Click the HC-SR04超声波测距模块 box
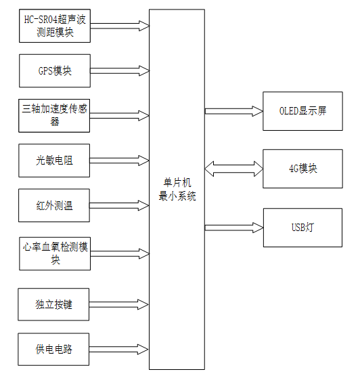[x=54, y=26]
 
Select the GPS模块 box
[x=54, y=70]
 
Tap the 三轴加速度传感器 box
[x=54, y=116]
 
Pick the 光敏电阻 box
[x=54, y=161]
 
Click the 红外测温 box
[x=54, y=205]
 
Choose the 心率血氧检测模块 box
[x=54, y=253]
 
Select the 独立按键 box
[x=54, y=304]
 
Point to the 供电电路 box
[x=54, y=350]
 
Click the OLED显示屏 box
[x=302, y=110]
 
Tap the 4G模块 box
[x=302, y=167]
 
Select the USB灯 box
[x=302, y=226]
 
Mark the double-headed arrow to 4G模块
[x=233, y=167]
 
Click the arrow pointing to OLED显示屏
[x=233, y=110]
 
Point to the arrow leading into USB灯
[x=233, y=227]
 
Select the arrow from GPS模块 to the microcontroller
[x=120, y=70]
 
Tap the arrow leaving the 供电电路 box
[x=120, y=350]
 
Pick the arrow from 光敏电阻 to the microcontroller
[x=120, y=161]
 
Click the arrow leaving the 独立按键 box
[x=120, y=304]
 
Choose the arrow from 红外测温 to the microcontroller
[x=120, y=205]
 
